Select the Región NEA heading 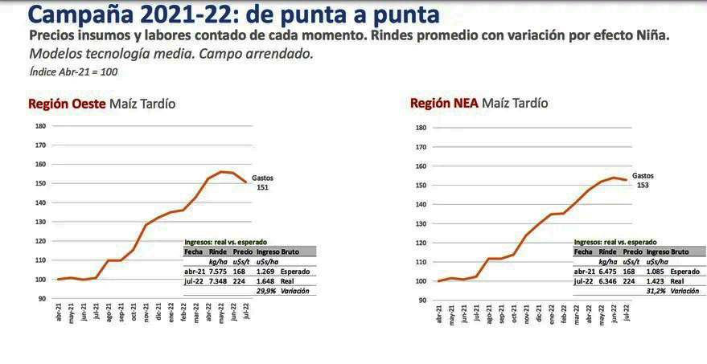[x=444, y=103]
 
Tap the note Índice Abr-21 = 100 [x=73, y=72]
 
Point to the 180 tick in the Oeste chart [x=40, y=125]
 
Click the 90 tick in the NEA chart [x=421, y=300]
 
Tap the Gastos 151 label [x=263, y=182]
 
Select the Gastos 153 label [x=643, y=180]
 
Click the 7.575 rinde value [x=218, y=271]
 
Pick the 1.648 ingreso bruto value [x=266, y=280]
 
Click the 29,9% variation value [x=266, y=290]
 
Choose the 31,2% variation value [x=656, y=291]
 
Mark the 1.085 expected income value [x=656, y=272]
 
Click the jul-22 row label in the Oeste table [x=194, y=280]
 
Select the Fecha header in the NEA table [x=583, y=252]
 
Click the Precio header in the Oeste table [x=244, y=252]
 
